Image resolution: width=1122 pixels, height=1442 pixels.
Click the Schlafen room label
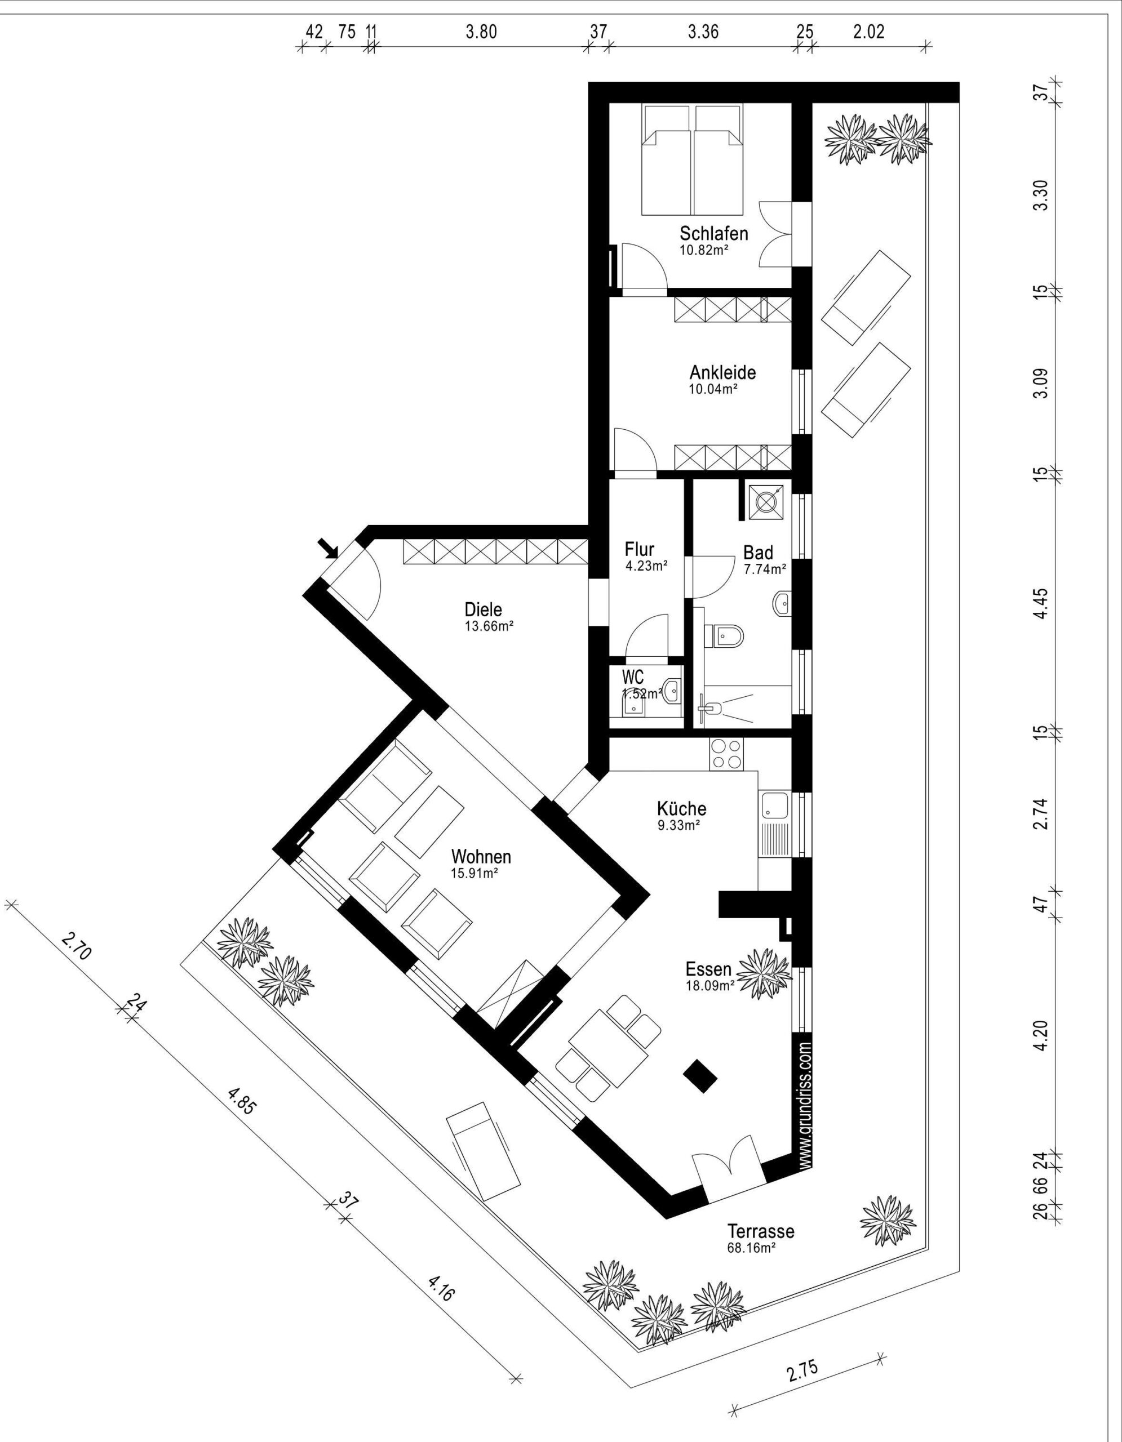714,233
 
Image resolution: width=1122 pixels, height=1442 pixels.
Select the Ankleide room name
722,372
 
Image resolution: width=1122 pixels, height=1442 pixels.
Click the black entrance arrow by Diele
328,548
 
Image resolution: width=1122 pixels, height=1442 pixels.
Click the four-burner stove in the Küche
726,754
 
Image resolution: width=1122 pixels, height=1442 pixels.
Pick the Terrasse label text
761,1231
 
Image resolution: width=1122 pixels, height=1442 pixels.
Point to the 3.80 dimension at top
481,32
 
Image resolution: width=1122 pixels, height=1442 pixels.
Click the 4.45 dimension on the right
1041,603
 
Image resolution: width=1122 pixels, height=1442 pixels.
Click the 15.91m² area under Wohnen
474,873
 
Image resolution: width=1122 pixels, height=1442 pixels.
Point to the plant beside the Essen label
764,974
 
